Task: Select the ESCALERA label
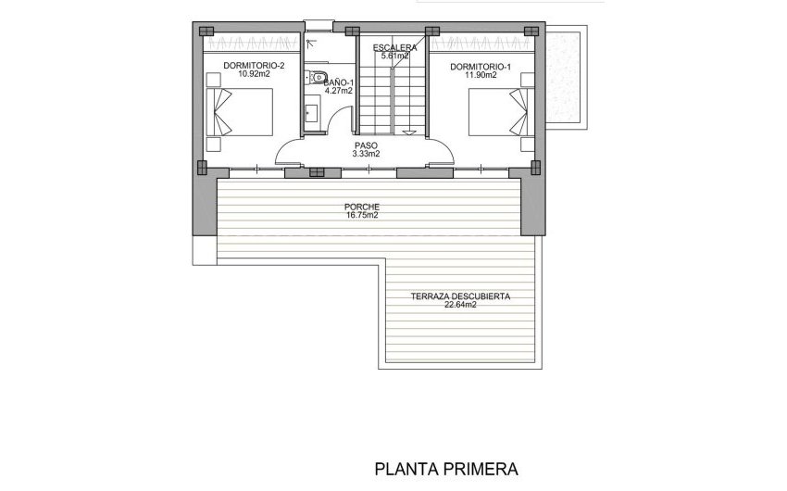click(394, 47)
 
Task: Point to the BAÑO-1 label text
click(339, 82)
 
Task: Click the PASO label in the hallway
click(366, 145)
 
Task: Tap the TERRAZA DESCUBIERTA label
click(459, 296)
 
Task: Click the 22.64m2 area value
click(459, 305)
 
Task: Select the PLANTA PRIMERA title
click(445, 469)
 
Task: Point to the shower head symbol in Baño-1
click(311, 42)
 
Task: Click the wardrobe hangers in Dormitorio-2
click(252, 43)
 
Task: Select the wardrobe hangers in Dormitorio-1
click(481, 43)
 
